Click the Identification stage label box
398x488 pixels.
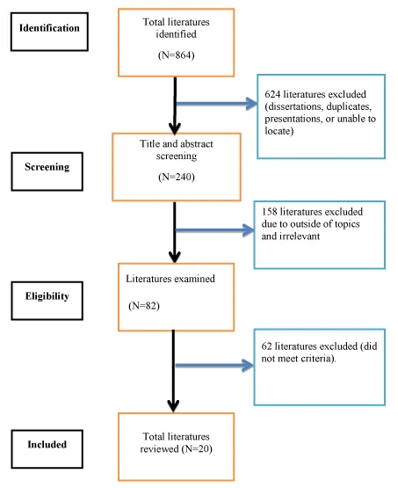coord(49,32)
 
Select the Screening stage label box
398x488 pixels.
coord(47,171)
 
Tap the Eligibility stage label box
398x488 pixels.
coord(47,301)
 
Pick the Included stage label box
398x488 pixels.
coord(47,449)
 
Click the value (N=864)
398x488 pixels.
coord(177,55)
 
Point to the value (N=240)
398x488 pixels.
coord(177,177)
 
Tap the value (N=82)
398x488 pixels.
coord(144,306)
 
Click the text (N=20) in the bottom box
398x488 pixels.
coord(197,448)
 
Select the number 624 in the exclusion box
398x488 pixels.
coord(272,94)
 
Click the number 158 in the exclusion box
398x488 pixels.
coord(269,212)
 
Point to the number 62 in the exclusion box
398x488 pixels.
coord(267,346)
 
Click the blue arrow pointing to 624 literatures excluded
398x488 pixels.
coord(217,104)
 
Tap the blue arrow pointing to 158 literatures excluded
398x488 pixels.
coord(215,230)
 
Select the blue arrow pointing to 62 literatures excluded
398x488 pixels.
coord(214,366)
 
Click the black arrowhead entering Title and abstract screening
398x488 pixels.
coord(175,129)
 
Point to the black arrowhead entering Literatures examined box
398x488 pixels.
coord(175,257)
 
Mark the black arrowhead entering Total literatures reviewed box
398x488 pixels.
coord(173,407)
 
